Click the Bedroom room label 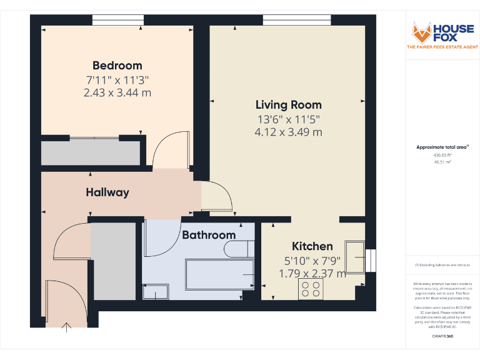point(117,66)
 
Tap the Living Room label point(288,105)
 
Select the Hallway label point(107,192)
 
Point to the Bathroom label point(209,235)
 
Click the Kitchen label point(312,246)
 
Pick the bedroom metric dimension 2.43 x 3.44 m point(117,93)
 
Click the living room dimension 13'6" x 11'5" point(288,119)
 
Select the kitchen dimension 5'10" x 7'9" point(312,260)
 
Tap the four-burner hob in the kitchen point(311,289)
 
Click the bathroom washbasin point(155,291)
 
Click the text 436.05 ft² point(442,155)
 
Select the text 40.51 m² point(442,161)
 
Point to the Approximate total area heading point(442,147)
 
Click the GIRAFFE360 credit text point(442,336)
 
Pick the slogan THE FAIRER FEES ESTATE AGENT point(442,47)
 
